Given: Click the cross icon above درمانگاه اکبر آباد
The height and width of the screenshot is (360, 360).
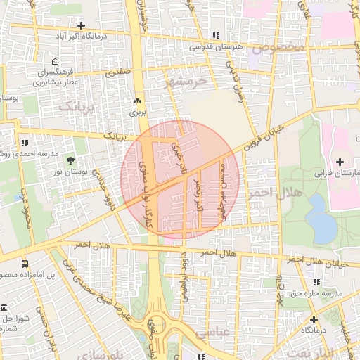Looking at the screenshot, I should tap(82, 25).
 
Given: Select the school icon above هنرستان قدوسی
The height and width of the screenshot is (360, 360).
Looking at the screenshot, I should tap(216, 35).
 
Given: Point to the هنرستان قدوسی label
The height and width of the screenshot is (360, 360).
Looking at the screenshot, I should tap(216, 46).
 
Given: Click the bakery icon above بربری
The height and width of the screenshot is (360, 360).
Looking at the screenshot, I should tap(139, 101).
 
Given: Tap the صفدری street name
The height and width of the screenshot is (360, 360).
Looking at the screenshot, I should tap(117, 71).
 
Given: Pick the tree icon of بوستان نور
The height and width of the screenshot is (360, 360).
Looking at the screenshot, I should tap(69, 161).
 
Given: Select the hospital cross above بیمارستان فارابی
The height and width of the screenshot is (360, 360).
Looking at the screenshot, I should tap(340, 162).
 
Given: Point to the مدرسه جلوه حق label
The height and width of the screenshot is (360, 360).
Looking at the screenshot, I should tap(316, 292).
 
